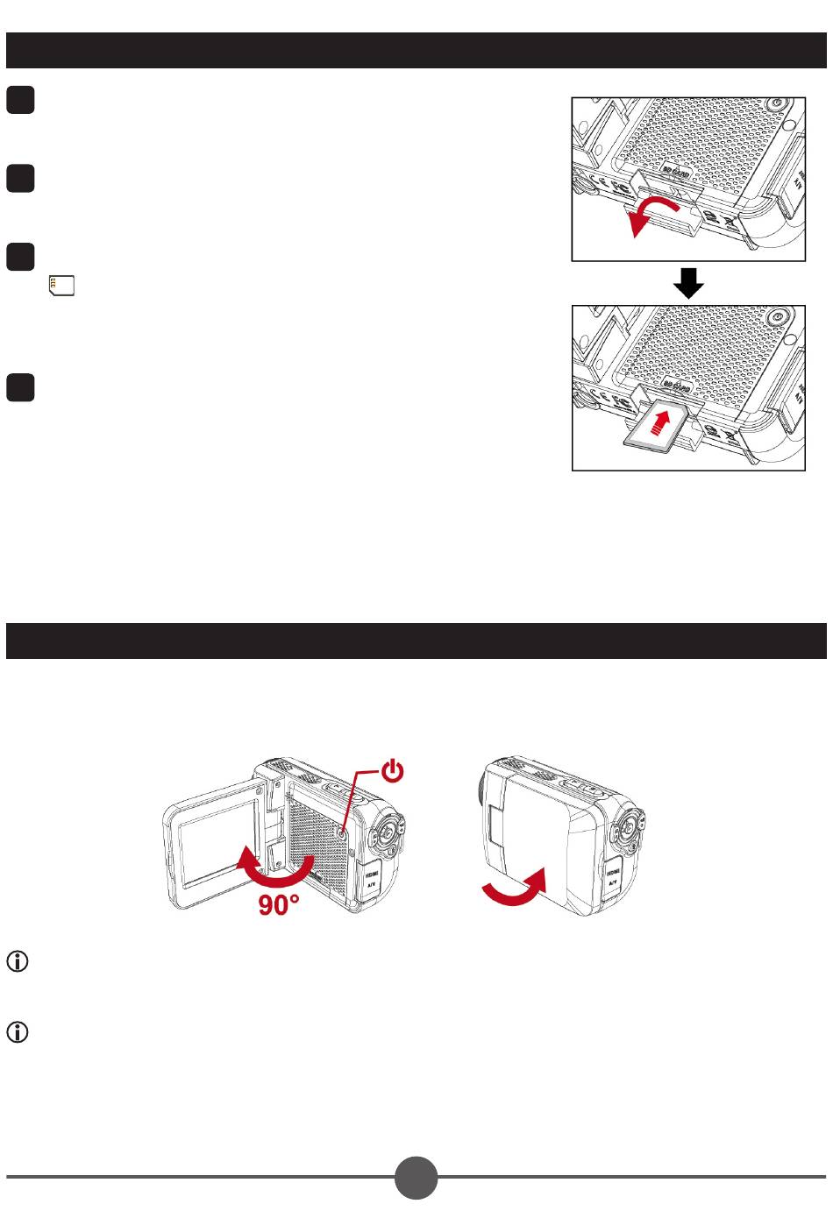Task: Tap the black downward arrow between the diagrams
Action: click(x=688, y=283)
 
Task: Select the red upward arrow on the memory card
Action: click(x=667, y=425)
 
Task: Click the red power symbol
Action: click(x=393, y=770)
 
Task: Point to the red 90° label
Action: click(x=278, y=905)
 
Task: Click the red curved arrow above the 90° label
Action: click(x=276, y=868)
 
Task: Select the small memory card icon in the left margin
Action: click(x=61, y=285)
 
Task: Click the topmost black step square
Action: click(x=20, y=101)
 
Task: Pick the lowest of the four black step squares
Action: click(x=20, y=387)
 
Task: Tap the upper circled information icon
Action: click(x=18, y=961)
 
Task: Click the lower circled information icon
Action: click(x=18, y=1032)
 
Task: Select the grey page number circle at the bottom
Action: click(x=416, y=1177)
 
